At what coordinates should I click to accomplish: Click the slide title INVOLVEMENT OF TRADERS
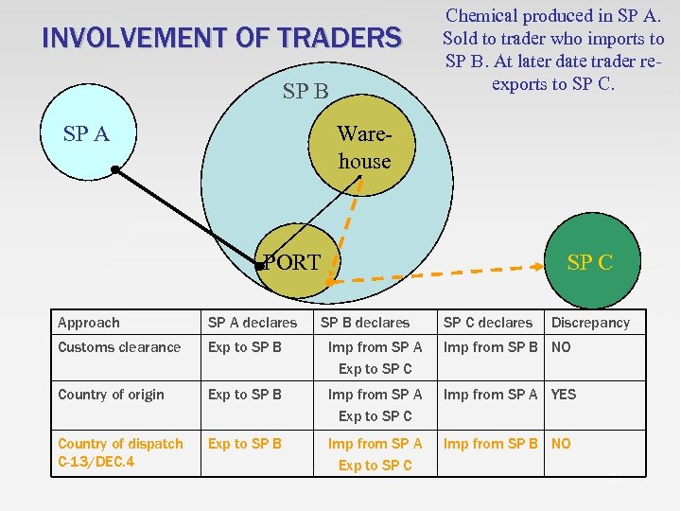222,39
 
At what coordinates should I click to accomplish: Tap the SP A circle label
86,133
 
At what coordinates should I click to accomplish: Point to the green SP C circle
588,262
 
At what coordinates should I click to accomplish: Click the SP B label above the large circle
306,92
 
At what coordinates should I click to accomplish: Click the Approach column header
89,323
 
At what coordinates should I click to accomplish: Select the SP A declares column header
253,323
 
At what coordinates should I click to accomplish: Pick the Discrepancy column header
590,323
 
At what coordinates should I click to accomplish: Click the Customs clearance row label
119,347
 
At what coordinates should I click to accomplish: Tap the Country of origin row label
111,395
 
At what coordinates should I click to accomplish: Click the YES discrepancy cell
564,395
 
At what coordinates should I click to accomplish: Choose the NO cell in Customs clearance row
561,347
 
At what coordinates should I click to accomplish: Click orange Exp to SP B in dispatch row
245,444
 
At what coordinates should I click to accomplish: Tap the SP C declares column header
488,323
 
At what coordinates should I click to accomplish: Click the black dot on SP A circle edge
114,170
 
